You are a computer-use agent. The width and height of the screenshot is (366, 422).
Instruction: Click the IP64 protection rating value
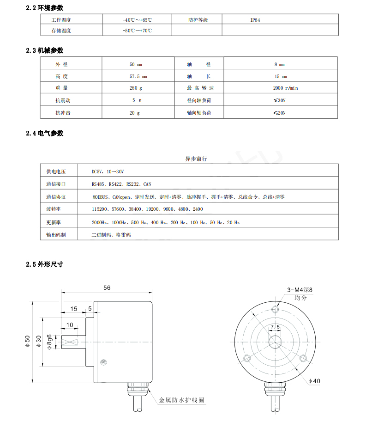click(255, 20)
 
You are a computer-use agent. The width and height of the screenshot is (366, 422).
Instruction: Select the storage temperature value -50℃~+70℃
click(137, 31)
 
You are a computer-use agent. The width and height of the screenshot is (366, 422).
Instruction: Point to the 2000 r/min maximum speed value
click(286, 88)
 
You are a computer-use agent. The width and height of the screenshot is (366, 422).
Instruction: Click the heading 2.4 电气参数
click(45, 134)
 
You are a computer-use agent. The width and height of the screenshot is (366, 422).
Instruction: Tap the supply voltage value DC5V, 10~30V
click(108, 171)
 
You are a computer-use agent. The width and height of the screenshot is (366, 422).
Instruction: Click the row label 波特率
click(56, 209)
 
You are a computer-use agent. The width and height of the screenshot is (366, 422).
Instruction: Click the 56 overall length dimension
click(107, 287)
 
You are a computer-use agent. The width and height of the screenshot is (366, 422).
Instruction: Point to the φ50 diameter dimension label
click(27, 342)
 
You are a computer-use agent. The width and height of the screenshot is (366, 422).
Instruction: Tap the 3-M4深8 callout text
click(300, 290)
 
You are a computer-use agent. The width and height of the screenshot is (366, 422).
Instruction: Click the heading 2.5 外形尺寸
click(45, 265)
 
